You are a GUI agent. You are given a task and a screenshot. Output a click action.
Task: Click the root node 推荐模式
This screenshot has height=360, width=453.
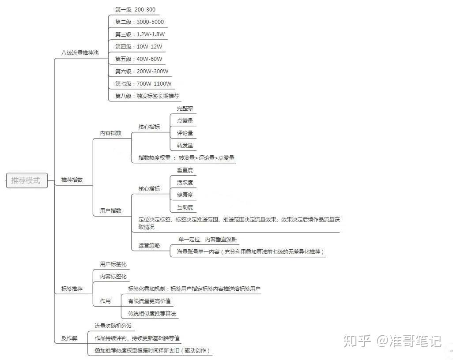[x=27, y=180]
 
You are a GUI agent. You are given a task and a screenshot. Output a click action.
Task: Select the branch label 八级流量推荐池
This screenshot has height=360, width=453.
[x=80, y=53]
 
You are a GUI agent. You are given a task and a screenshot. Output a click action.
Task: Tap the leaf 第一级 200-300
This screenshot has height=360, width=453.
[x=135, y=10]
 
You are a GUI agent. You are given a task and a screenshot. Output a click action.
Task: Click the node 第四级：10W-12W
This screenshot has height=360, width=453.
[x=139, y=46]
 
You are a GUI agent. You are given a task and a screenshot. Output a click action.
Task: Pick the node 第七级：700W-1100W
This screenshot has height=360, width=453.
[x=143, y=84]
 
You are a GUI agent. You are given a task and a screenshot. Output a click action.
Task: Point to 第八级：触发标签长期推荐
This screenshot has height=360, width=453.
[x=147, y=96]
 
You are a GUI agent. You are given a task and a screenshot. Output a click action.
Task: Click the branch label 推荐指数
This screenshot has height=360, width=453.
[x=72, y=180]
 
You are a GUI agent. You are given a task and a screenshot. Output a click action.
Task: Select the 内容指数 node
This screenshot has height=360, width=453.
[x=111, y=133]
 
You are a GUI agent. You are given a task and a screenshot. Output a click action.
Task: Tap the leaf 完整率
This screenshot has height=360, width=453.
[x=185, y=109]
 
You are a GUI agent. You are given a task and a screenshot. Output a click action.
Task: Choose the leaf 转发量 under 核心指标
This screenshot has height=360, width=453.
[x=185, y=146]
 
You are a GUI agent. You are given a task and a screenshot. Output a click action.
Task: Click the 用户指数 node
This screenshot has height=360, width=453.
[x=111, y=210]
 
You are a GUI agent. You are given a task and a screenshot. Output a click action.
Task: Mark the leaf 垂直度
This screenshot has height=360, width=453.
[x=185, y=170]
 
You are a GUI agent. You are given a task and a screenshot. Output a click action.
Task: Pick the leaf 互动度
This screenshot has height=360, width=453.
[x=185, y=207]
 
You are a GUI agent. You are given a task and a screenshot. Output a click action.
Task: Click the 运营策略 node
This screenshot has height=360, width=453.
[x=149, y=246]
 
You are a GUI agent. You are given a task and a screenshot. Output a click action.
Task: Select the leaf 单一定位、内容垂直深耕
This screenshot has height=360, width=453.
[x=208, y=239]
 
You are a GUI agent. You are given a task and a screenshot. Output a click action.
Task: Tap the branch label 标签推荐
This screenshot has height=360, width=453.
[x=72, y=289]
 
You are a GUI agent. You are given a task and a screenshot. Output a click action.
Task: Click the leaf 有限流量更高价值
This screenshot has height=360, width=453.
[x=149, y=301]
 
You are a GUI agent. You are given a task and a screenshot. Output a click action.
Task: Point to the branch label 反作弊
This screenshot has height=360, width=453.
[x=69, y=338]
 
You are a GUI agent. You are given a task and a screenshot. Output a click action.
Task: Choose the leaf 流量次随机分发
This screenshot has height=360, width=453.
[x=113, y=326]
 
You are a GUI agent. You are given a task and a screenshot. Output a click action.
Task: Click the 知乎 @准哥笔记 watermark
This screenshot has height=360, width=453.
[x=393, y=341]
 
